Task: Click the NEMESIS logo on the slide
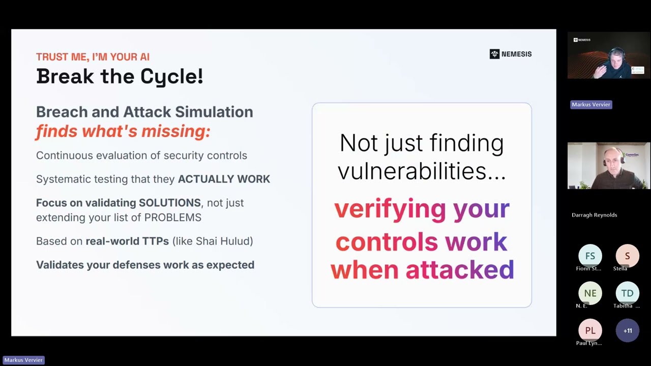pos(510,54)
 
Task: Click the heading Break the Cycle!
pos(120,76)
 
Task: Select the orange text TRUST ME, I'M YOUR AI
pos(93,57)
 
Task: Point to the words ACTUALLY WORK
pos(224,179)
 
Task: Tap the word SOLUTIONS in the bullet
pos(170,203)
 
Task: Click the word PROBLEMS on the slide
pos(173,218)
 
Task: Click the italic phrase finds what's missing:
pos(123,132)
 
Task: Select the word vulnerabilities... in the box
pos(422,171)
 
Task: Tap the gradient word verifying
pos(390,208)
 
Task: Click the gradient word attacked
pos(460,269)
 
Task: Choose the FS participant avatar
pos(590,256)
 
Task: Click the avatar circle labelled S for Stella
pos(627,256)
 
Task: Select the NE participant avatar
pos(590,293)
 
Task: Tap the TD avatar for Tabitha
pos(627,293)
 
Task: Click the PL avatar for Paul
pos(590,330)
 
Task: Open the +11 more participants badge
pos(627,330)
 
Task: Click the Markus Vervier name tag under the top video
pos(591,105)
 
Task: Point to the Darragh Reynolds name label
pos(594,215)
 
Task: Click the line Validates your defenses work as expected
pos(145,265)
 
